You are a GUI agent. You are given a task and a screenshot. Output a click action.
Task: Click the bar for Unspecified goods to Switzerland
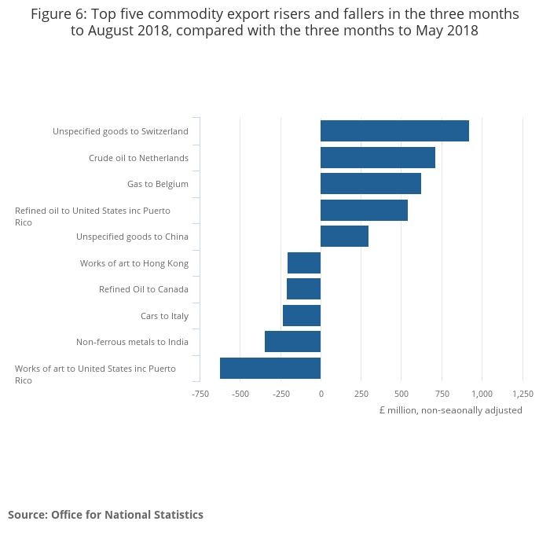394,131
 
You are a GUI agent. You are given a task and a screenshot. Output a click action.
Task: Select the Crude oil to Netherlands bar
378,157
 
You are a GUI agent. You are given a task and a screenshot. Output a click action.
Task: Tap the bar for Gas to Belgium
371,184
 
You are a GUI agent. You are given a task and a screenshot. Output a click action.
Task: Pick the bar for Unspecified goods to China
344,237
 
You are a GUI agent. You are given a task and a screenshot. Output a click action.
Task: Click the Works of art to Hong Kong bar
304,263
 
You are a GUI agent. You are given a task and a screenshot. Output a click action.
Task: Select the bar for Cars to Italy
302,316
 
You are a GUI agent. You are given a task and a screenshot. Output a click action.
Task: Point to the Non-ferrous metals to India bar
292,342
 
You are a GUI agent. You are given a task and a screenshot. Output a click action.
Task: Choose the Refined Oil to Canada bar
303,289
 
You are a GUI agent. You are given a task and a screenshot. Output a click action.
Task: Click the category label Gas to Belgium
158,184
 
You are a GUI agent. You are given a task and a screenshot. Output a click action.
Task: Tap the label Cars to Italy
164,316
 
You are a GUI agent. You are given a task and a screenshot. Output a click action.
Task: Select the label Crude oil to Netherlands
138,158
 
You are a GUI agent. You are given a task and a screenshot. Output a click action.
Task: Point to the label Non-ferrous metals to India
132,342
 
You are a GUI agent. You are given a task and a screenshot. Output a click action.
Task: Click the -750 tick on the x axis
200,394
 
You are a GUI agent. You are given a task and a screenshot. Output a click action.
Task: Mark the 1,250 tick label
522,394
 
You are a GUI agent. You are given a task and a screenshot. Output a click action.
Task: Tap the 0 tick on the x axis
321,394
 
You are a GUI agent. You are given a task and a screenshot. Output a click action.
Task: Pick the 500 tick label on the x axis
401,394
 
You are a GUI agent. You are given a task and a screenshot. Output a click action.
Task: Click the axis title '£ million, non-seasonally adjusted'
450,410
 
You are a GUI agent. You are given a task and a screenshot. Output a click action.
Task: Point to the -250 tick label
280,394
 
